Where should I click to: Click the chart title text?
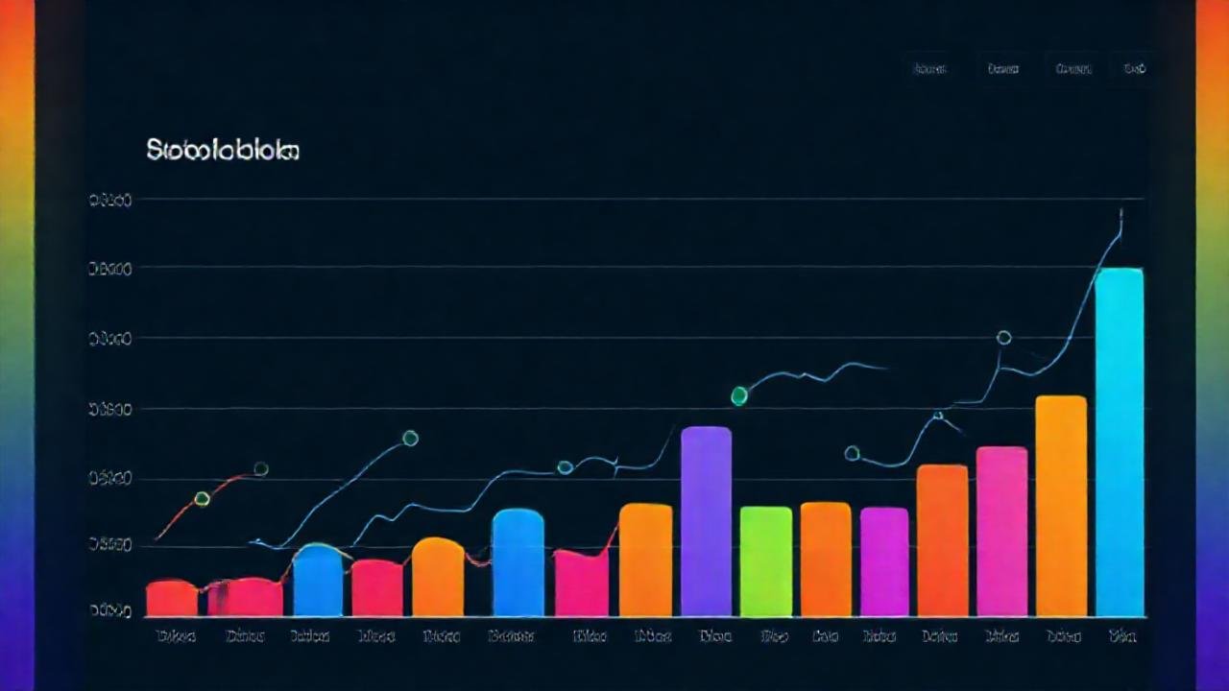223,151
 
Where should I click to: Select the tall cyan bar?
1120,441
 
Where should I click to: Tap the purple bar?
706,521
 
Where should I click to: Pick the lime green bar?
765,560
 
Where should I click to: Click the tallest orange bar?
1061,505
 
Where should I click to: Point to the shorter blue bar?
318,580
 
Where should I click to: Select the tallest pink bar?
1001,531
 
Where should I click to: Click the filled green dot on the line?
739,395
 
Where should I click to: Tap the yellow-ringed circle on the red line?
202,498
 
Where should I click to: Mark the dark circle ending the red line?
260,469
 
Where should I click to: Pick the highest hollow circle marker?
1004,338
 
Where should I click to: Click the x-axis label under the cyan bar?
1121,635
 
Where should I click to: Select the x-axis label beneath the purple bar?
714,635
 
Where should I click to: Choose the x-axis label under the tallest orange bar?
1063,635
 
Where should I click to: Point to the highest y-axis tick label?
110,201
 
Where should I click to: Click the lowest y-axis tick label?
110,610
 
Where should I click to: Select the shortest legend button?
1134,68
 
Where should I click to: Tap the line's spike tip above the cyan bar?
1121,210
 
